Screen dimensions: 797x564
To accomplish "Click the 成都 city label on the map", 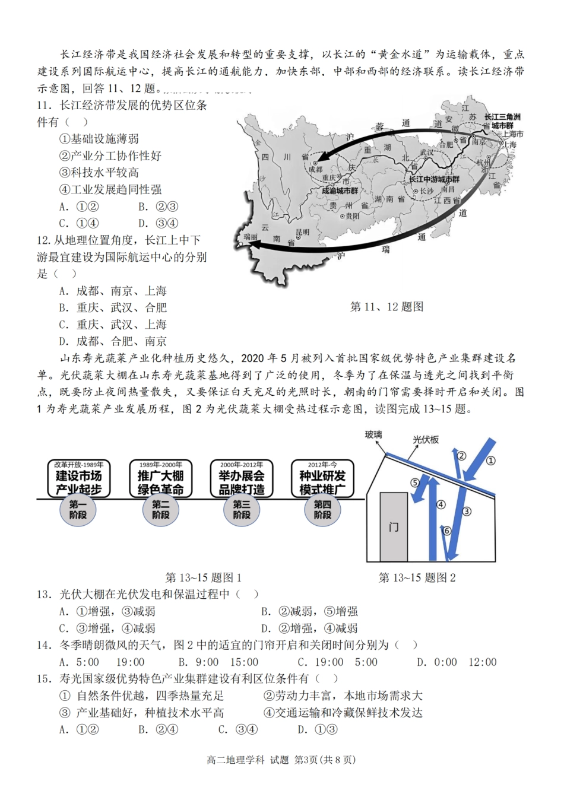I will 315,169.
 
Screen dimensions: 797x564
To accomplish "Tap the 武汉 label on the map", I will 426,153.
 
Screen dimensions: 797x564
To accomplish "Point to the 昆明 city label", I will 302,233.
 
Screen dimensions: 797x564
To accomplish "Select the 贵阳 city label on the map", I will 353,217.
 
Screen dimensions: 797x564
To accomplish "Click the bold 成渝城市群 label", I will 340,191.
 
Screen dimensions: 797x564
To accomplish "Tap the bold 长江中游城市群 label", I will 433,179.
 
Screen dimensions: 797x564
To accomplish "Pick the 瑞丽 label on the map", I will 251,236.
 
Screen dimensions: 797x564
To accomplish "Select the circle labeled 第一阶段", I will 78,510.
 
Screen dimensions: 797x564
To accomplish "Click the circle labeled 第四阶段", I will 322,510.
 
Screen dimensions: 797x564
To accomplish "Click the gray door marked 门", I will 394,526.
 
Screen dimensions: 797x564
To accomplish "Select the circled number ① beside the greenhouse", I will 490,461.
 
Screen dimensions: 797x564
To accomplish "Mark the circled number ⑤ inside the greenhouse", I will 415,482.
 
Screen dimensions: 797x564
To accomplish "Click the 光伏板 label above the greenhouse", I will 426,440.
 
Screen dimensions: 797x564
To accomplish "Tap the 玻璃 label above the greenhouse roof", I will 373,434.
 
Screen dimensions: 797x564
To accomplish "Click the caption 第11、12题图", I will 386,307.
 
